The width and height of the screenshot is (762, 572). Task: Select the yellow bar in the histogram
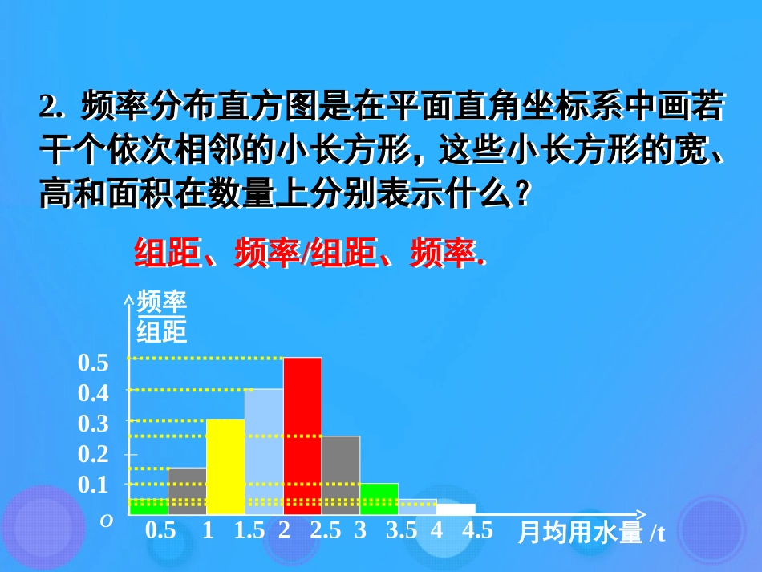[225, 466]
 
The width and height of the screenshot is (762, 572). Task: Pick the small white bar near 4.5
[456, 509]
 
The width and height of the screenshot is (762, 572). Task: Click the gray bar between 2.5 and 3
[341, 474]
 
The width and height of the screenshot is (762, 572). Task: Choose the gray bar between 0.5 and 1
[187, 490]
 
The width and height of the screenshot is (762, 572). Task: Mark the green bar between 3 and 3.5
[379, 498]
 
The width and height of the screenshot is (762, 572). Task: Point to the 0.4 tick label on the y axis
[93, 393]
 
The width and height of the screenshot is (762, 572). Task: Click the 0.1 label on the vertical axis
[93, 485]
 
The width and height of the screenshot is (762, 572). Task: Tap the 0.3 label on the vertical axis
[93, 424]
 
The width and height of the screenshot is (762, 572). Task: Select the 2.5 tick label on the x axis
[325, 531]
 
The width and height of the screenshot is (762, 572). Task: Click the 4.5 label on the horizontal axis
[477, 531]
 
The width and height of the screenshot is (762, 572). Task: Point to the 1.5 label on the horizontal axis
[249, 531]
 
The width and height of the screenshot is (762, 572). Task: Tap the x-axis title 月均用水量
[580, 533]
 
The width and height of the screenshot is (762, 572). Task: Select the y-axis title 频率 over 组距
[161, 316]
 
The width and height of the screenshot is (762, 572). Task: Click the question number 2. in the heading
[50, 107]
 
